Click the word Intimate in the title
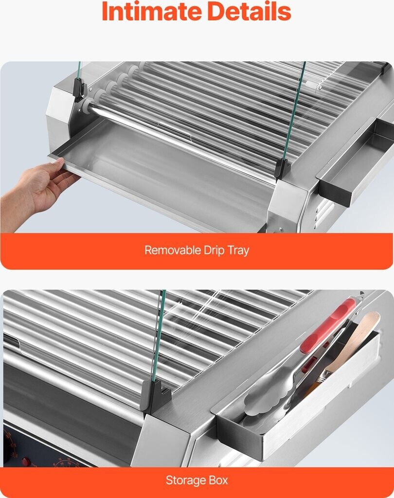click(x=152, y=12)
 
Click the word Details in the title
click(x=249, y=12)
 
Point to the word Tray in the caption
click(x=238, y=251)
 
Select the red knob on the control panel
click(x=26, y=462)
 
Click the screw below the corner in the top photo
click(x=280, y=229)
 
